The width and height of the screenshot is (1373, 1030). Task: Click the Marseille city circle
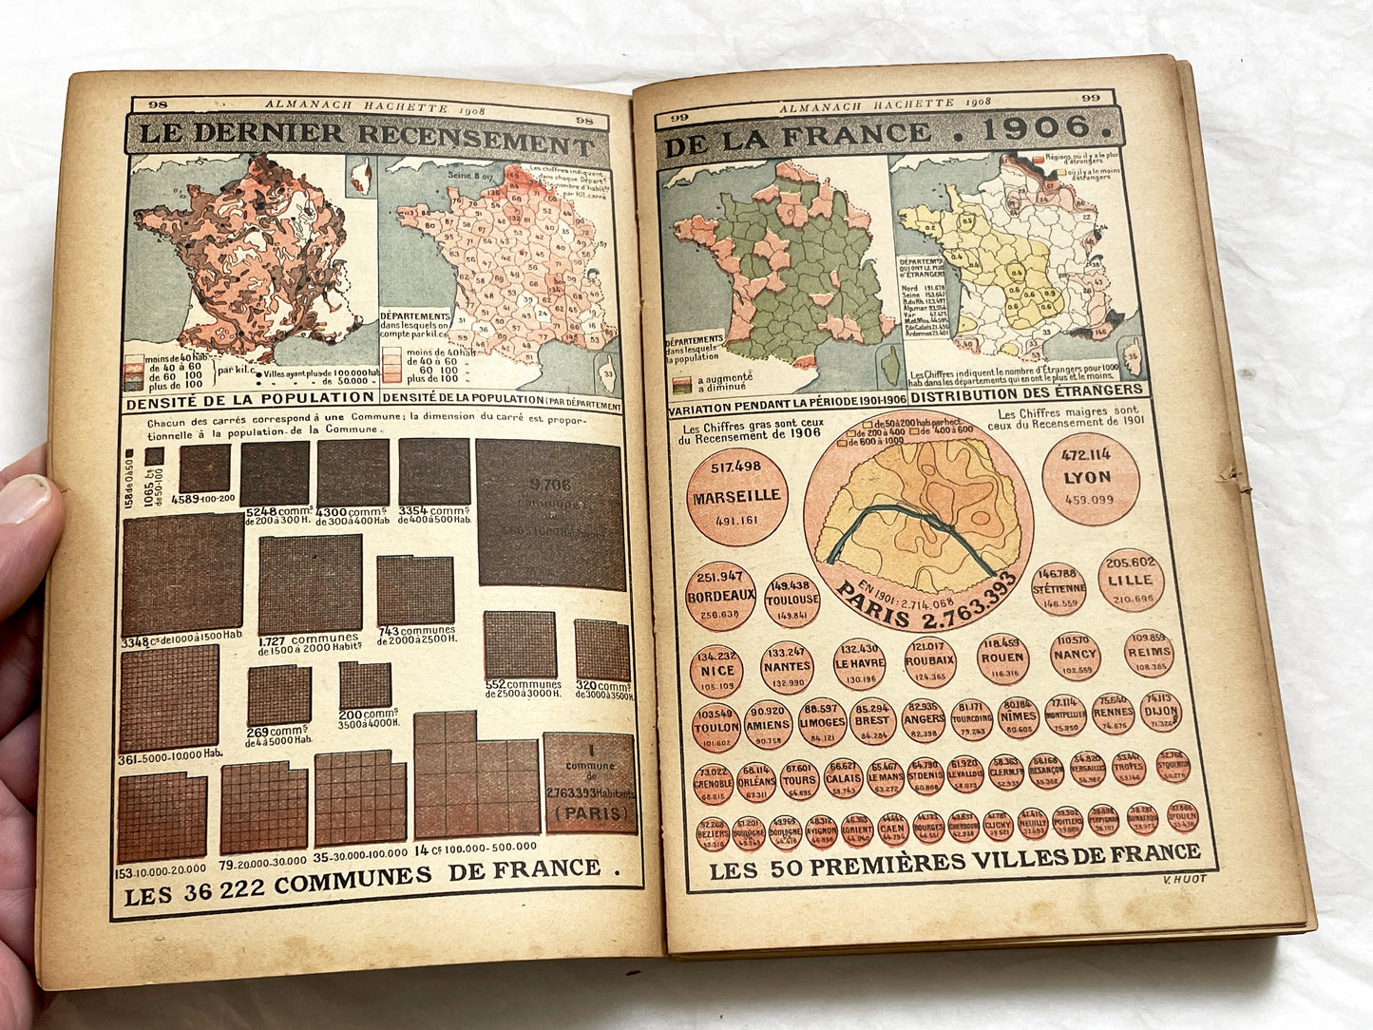[x=735, y=494]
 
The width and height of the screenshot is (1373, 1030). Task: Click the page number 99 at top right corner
[x=1090, y=98]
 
